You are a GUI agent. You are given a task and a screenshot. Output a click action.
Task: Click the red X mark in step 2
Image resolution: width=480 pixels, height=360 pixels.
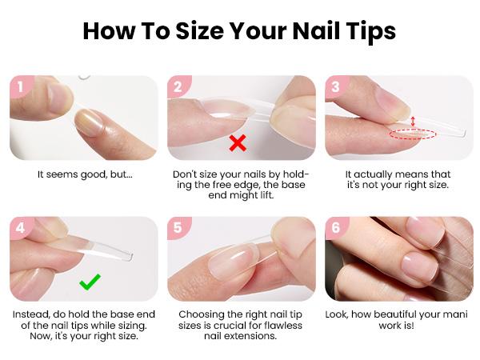pos(237,143)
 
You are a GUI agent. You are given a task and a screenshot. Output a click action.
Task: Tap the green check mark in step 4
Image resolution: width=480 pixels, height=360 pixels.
pos(89,282)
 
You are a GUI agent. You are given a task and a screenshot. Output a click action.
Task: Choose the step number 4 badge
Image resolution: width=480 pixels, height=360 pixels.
pos(22,228)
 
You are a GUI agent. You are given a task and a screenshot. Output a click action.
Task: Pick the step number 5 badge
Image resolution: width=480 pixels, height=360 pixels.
pos(178,228)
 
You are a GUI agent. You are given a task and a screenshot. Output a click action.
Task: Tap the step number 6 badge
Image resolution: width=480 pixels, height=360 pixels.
pos(335,228)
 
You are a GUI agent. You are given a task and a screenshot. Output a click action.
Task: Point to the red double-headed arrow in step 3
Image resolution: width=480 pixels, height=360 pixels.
pos(413,120)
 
